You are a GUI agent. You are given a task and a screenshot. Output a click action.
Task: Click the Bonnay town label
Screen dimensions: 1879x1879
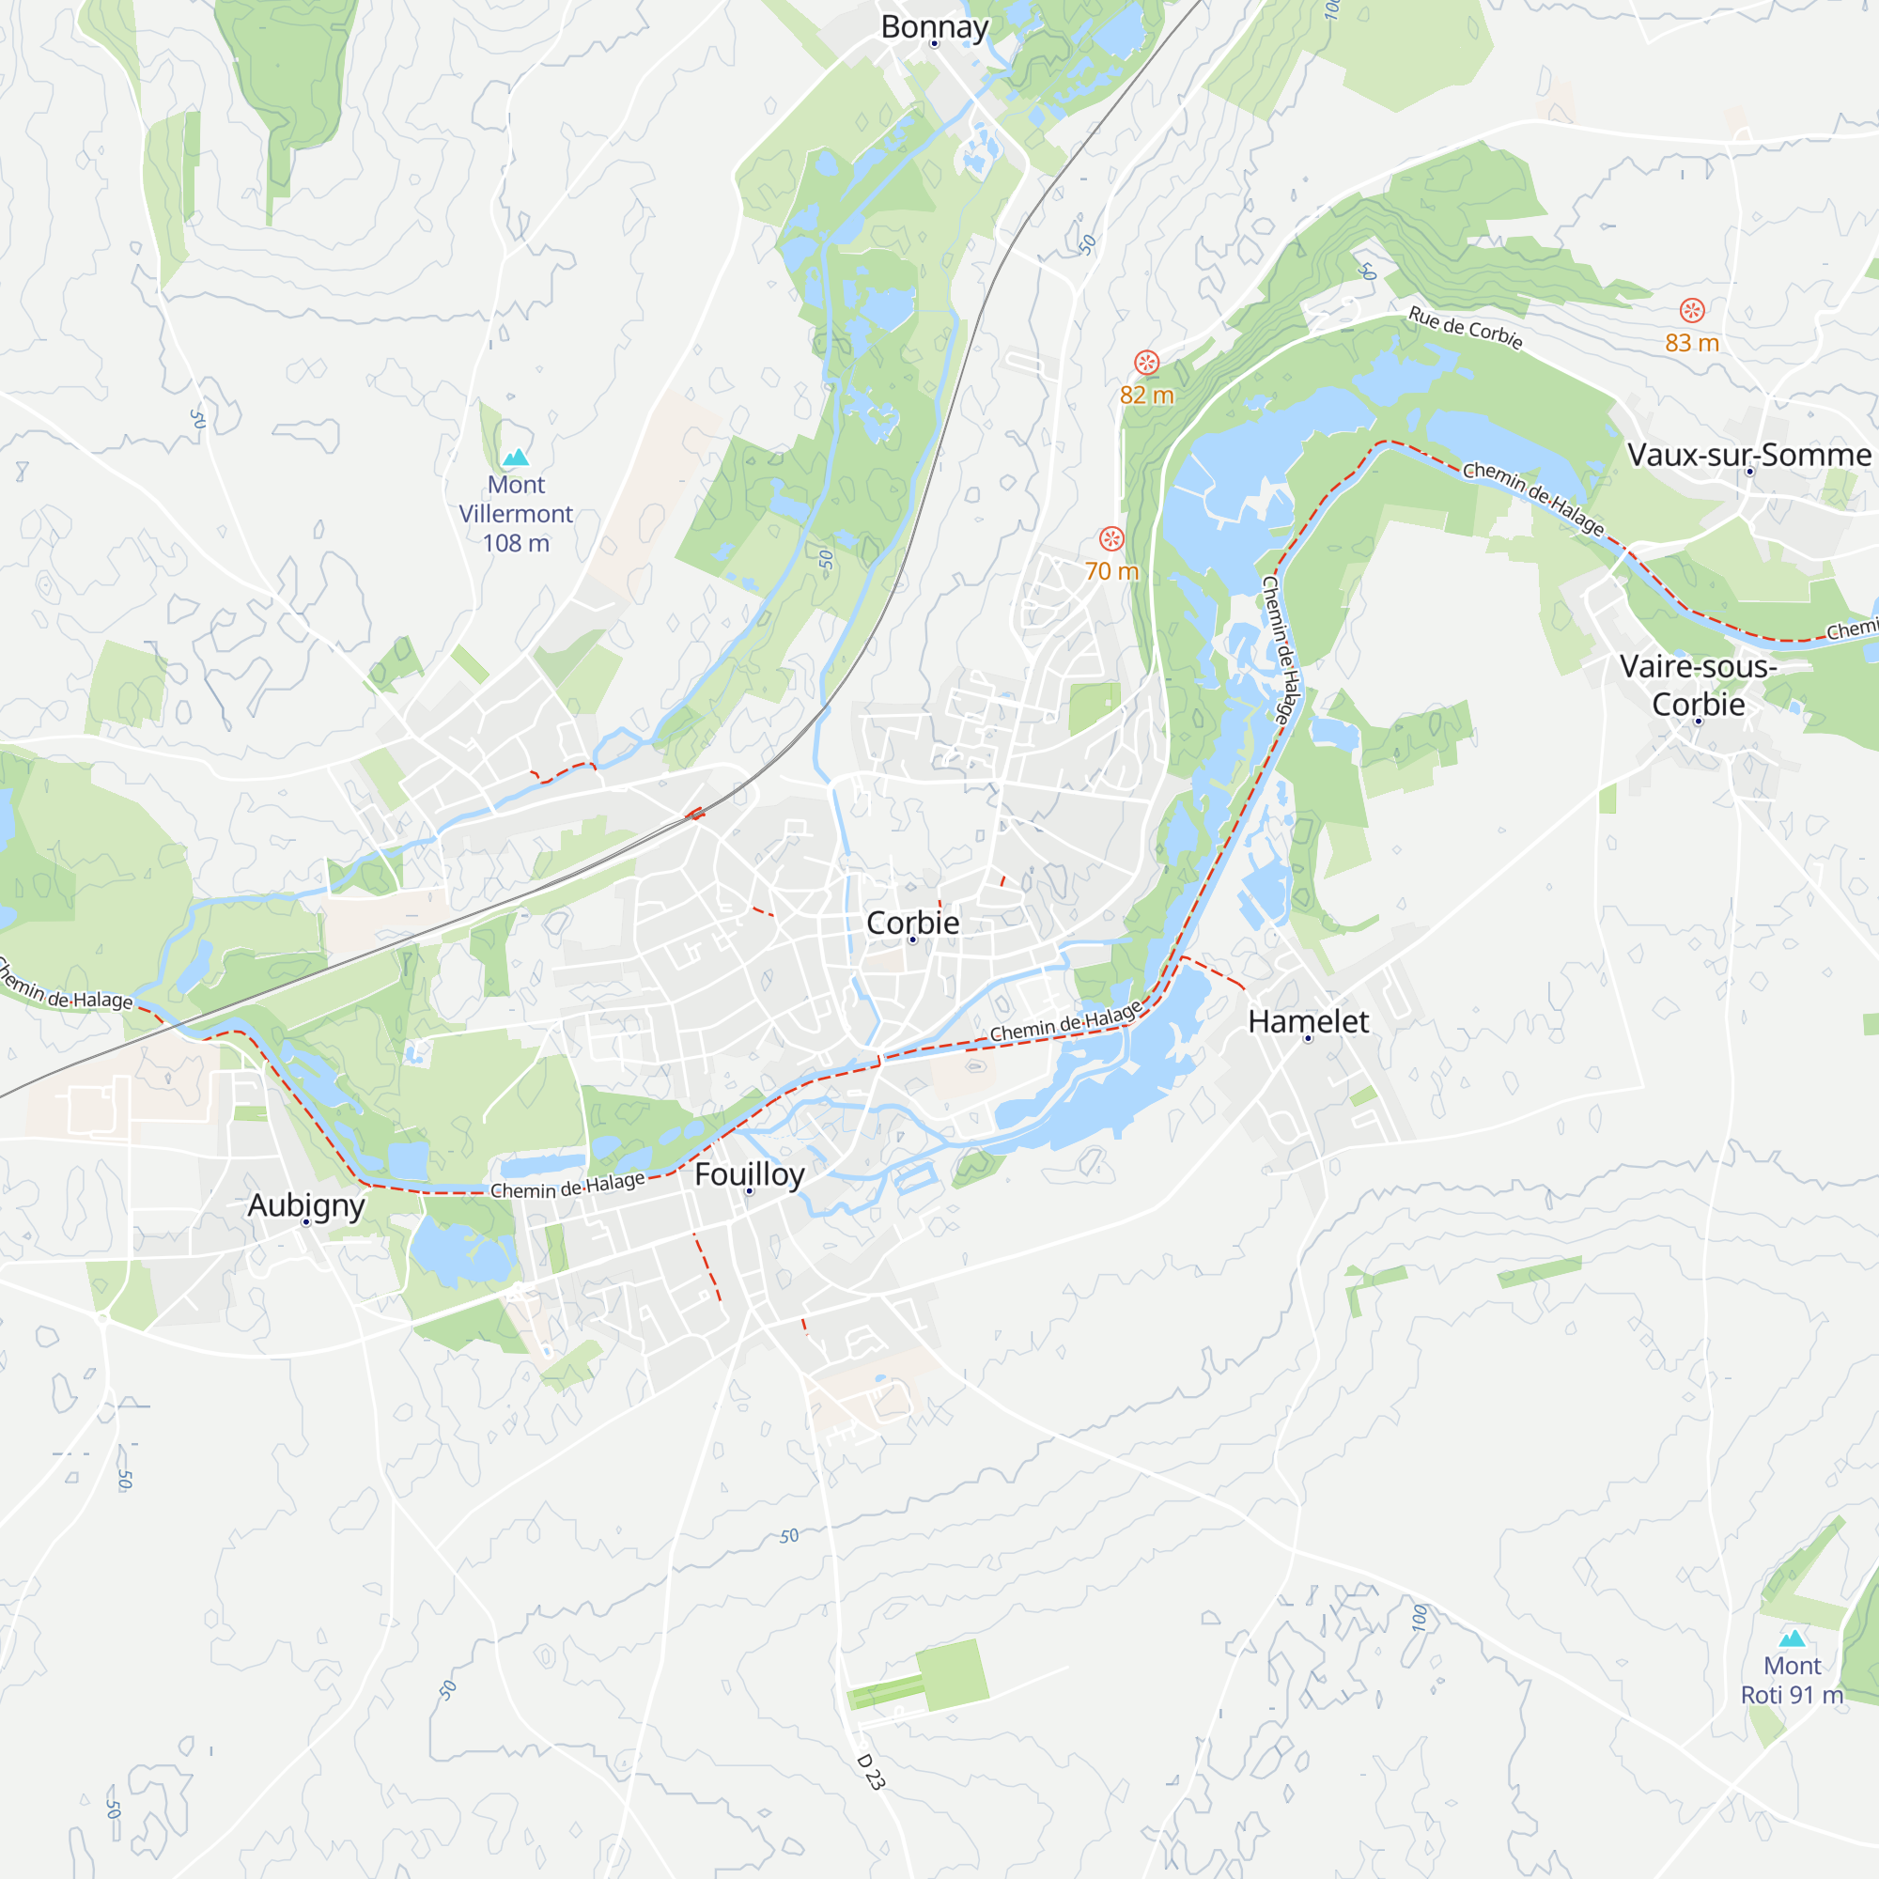(x=934, y=26)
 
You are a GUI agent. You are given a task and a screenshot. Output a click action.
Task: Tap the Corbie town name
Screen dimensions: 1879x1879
(x=912, y=922)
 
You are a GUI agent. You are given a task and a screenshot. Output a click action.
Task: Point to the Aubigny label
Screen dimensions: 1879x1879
(x=305, y=1205)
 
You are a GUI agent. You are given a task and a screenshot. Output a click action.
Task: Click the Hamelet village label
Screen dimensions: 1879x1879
(x=1307, y=1021)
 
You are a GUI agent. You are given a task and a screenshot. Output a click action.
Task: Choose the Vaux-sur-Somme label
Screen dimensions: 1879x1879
(x=1748, y=454)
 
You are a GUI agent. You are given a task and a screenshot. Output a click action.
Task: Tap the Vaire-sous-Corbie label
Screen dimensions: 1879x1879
(x=1698, y=685)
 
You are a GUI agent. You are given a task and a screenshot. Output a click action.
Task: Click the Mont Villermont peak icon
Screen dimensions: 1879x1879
(x=516, y=458)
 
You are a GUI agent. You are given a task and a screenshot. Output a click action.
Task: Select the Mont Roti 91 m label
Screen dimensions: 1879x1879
(x=1792, y=1680)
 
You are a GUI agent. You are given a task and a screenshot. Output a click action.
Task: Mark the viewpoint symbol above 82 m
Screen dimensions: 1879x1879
(x=1146, y=363)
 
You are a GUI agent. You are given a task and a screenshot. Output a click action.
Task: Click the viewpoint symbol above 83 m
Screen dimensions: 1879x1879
(x=1692, y=310)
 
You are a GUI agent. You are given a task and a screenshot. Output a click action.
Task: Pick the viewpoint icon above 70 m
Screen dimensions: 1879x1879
(x=1111, y=538)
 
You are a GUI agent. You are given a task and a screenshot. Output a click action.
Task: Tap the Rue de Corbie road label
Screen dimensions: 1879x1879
(x=1465, y=328)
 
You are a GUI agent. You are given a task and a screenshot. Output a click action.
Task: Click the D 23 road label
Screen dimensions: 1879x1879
(x=871, y=1772)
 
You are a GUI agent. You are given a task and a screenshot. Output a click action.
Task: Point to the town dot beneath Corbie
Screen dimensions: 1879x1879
(x=912, y=939)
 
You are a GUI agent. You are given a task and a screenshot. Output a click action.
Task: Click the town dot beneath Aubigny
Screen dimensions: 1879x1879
(x=305, y=1221)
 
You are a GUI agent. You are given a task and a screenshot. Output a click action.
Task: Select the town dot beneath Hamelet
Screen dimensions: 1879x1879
(x=1307, y=1039)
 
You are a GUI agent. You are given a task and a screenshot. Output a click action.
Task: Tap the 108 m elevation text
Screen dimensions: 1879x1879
(x=516, y=543)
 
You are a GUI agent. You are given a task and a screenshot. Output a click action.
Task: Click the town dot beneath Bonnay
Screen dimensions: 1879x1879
(x=934, y=44)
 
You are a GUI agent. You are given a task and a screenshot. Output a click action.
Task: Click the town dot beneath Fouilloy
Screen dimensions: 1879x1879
(x=749, y=1191)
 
